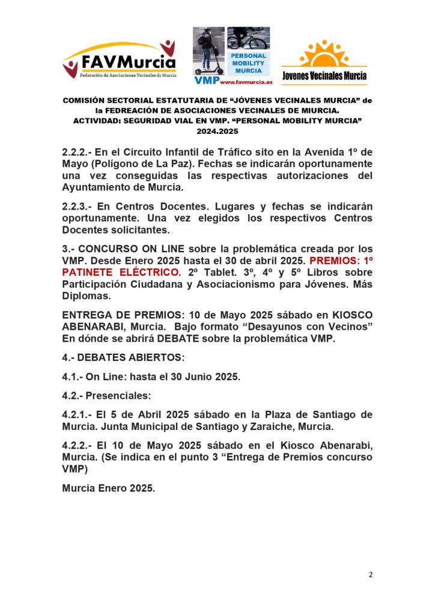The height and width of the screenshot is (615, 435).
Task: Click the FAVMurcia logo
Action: coord(119,60)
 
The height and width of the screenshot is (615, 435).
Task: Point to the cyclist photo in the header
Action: coord(248,38)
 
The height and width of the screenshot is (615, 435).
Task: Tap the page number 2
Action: coord(371,575)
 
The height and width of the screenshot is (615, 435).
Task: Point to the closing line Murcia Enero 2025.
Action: coord(109,488)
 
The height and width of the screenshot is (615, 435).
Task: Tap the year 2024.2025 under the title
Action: coord(217,130)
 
